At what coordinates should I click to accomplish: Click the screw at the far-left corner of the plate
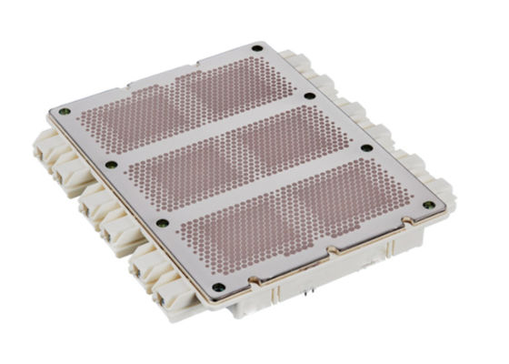(64, 112)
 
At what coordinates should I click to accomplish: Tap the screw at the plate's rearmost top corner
(258, 47)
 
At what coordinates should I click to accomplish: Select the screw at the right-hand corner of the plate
(428, 206)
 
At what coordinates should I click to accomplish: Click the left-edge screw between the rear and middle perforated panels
(111, 165)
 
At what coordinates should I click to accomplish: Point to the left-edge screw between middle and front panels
(162, 223)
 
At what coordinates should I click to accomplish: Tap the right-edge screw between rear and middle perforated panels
(310, 96)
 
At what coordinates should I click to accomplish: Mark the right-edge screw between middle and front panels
(366, 147)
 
